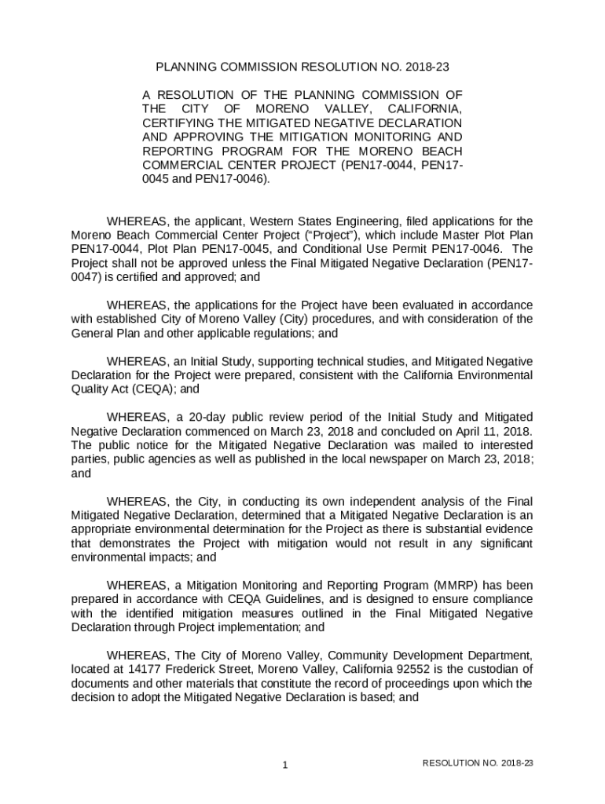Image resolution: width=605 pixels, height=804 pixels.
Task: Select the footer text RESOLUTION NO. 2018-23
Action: click(x=478, y=763)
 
